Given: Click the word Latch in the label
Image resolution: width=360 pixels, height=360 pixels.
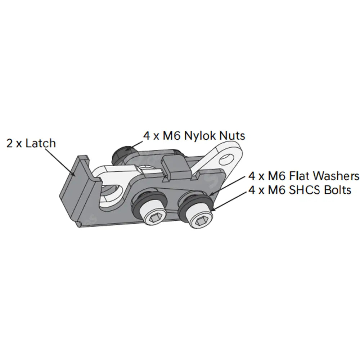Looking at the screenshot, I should tap(41, 143).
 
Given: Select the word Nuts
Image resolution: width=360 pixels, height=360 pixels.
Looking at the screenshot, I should tap(232, 136).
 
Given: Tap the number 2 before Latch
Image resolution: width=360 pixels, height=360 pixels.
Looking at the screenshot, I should tap(10, 144).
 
